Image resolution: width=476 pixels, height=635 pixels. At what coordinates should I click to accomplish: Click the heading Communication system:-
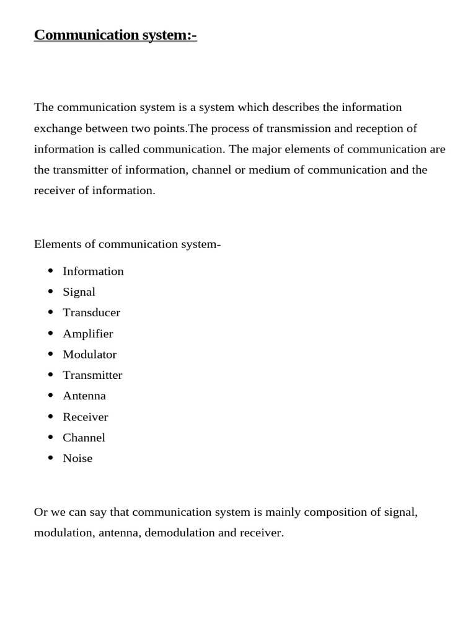[115, 35]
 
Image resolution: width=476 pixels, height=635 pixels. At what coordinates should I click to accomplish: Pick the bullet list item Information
[93, 271]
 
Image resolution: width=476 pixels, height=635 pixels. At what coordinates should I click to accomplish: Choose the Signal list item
[79, 291]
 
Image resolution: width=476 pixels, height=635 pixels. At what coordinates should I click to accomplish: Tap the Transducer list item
[91, 313]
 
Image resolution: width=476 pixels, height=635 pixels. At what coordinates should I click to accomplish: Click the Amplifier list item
[87, 334]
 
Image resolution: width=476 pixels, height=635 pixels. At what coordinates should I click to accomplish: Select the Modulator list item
[89, 354]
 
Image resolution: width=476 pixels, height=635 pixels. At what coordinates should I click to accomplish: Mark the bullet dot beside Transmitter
[51, 375]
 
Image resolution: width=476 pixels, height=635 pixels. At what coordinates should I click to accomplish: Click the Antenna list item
[84, 396]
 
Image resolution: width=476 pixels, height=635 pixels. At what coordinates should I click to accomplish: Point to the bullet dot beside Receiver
[51, 417]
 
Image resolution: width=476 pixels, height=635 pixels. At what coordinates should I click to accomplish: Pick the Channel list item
[84, 437]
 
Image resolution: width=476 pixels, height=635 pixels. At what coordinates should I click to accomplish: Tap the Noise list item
[77, 458]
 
